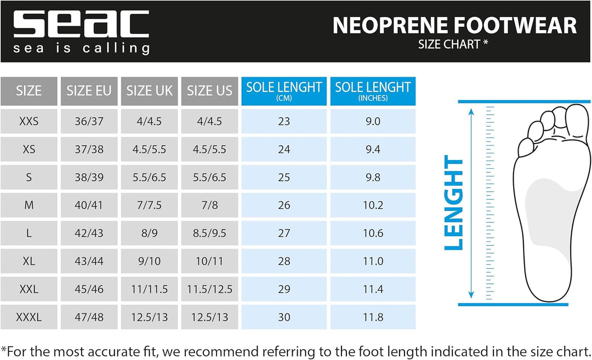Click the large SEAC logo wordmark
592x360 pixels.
pyautogui.click(x=81, y=24)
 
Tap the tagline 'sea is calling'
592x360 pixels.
pyautogui.click(x=81, y=49)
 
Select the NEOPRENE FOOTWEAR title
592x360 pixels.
pyautogui.click(x=454, y=26)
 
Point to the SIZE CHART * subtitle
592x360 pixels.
pyautogui.click(x=453, y=44)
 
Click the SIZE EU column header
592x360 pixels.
pyautogui.click(x=89, y=91)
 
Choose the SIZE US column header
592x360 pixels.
pyautogui.click(x=209, y=91)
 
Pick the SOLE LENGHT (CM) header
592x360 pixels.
pyautogui.click(x=284, y=91)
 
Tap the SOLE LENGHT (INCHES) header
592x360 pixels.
pyautogui.click(x=373, y=91)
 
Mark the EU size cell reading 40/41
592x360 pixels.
pyautogui.click(x=89, y=205)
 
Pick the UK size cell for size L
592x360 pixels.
pyautogui.click(x=149, y=233)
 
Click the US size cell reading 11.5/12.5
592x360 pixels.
pyautogui.click(x=209, y=289)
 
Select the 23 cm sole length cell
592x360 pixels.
pyautogui.click(x=284, y=122)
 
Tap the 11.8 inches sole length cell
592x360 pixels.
pyautogui.click(x=373, y=317)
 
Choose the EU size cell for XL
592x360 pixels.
pyautogui.click(x=89, y=261)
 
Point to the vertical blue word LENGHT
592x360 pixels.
pyautogui.click(x=454, y=203)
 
